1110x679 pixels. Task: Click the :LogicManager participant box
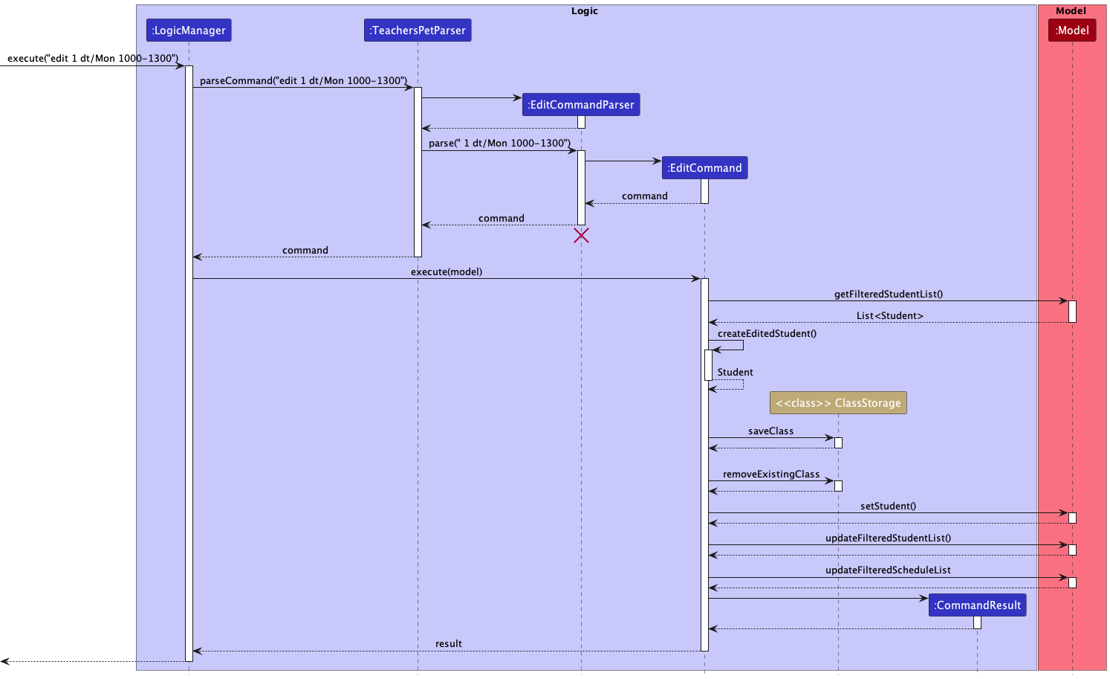click(x=189, y=30)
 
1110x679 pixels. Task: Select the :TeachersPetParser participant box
click(x=418, y=30)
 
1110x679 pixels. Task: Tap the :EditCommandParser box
click(x=580, y=105)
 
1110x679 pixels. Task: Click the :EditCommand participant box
click(x=704, y=168)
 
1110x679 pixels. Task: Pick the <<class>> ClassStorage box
click(x=838, y=403)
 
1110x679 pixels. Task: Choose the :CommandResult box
click(x=977, y=605)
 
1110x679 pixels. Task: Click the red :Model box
click(x=1071, y=30)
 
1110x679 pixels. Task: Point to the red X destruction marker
click(x=581, y=236)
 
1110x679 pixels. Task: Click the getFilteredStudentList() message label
click(x=888, y=295)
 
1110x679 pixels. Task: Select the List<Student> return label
click(x=889, y=316)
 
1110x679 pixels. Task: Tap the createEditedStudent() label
click(x=767, y=334)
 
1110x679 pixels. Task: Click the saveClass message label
click(x=770, y=431)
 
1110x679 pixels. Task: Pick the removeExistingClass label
click(x=770, y=474)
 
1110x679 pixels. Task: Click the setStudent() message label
click(x=888, y=506)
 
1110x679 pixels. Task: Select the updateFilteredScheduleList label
click(x=888, y=570)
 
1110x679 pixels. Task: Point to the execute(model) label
click(x=446, y=272)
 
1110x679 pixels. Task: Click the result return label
click(x=448, y=644)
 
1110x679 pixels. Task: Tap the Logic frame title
click(x=584, y=11)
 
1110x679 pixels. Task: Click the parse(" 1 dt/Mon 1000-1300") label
click(x=499, y=144)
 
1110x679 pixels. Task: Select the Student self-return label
click(x=735, y=373)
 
